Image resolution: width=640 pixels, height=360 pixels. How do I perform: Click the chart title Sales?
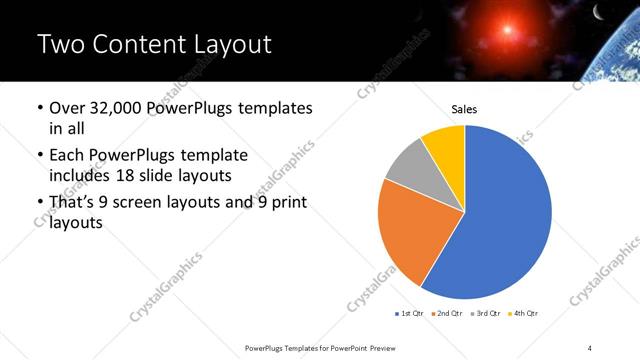click(463, 109)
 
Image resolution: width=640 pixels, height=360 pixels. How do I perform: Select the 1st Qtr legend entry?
click(411, 314)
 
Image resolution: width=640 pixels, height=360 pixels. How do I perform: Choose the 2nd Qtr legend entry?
click(445, 314)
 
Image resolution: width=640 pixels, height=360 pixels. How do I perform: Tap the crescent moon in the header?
click(599, 13)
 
